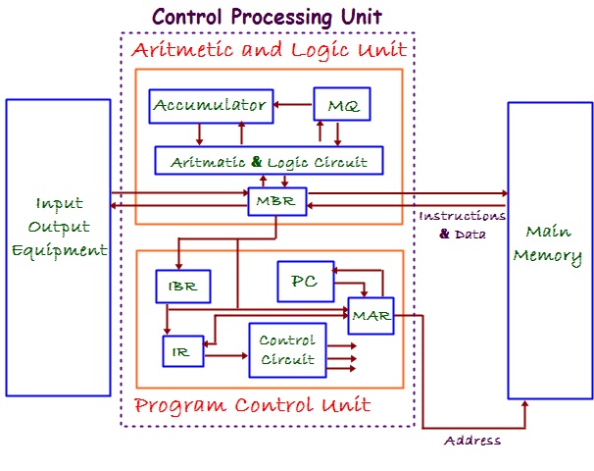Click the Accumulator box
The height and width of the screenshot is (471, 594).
[211, 105]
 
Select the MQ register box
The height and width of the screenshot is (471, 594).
[340, 105]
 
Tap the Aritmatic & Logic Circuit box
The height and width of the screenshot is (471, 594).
[268, 161]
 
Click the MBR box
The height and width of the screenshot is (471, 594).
[277, 202]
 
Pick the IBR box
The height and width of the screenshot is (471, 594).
[183, 287]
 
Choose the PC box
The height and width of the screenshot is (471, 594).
[305, 281]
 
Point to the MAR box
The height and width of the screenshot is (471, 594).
[371, 316]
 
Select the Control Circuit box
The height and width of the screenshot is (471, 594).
[287, 350]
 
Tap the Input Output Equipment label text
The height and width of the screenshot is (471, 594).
[59, 227]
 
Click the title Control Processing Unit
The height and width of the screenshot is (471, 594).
[267, 17]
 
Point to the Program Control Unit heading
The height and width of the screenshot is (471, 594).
[252, 405]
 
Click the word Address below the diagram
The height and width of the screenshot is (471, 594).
[472, 441]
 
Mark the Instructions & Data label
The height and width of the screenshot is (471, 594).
[463, 225]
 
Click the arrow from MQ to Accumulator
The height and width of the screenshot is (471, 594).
[293, 103]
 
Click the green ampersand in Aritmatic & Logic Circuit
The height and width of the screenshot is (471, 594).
[258, 161]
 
